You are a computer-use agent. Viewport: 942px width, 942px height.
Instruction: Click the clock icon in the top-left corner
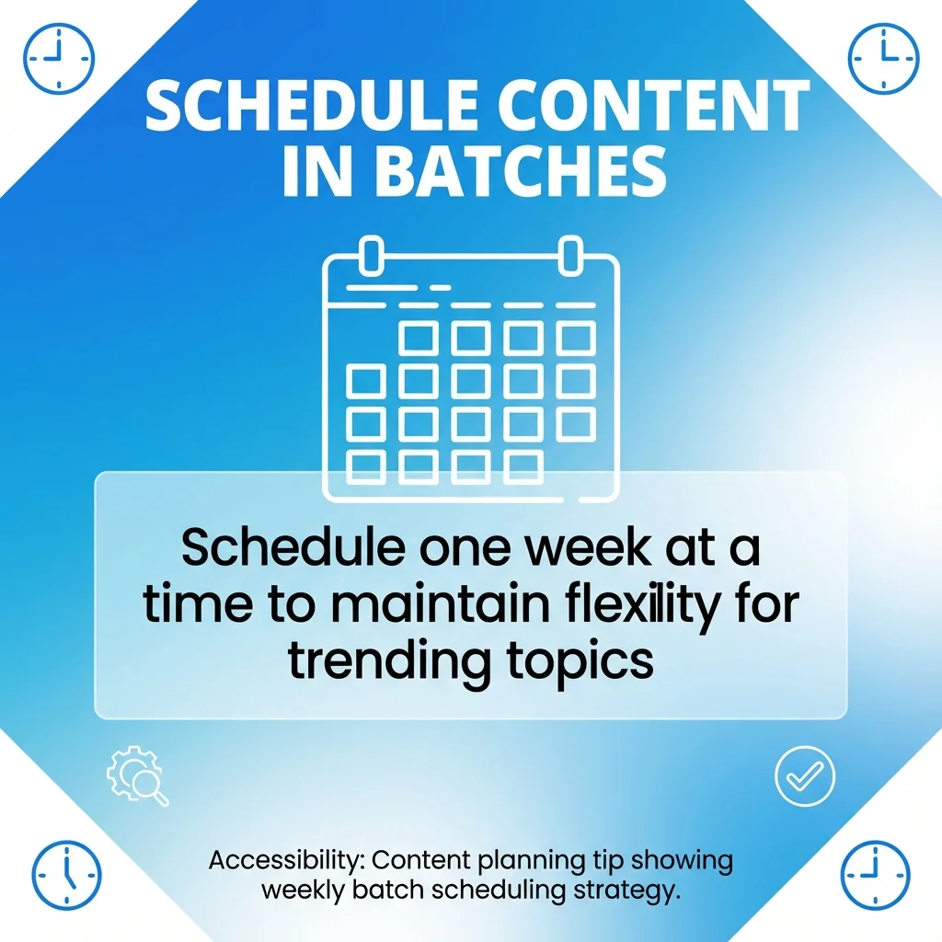(x=59, y=59)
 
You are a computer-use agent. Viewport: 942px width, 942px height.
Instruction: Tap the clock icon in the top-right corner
(x=882, y=58)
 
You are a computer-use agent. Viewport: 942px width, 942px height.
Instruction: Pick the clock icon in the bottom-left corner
(x=67, y=875)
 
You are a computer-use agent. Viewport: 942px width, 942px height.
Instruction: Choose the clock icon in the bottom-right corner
(x=875, y=875)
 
